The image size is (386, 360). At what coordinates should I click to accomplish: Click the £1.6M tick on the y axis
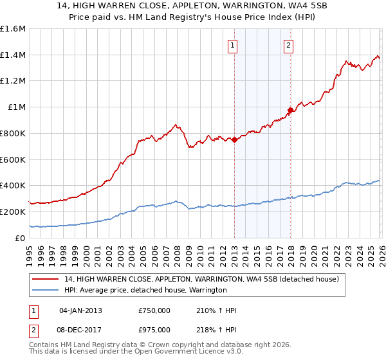13,29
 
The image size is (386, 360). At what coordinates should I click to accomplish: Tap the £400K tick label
13,186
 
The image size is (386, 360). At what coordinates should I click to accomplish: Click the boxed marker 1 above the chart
232,45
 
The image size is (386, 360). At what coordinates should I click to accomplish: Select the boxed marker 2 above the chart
288,45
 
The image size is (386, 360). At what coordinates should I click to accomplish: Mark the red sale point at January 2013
234,139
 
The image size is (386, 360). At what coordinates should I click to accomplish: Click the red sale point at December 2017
290,110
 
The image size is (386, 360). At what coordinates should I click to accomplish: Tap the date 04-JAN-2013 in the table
80,310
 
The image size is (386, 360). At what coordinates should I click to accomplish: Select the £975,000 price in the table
154,330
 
